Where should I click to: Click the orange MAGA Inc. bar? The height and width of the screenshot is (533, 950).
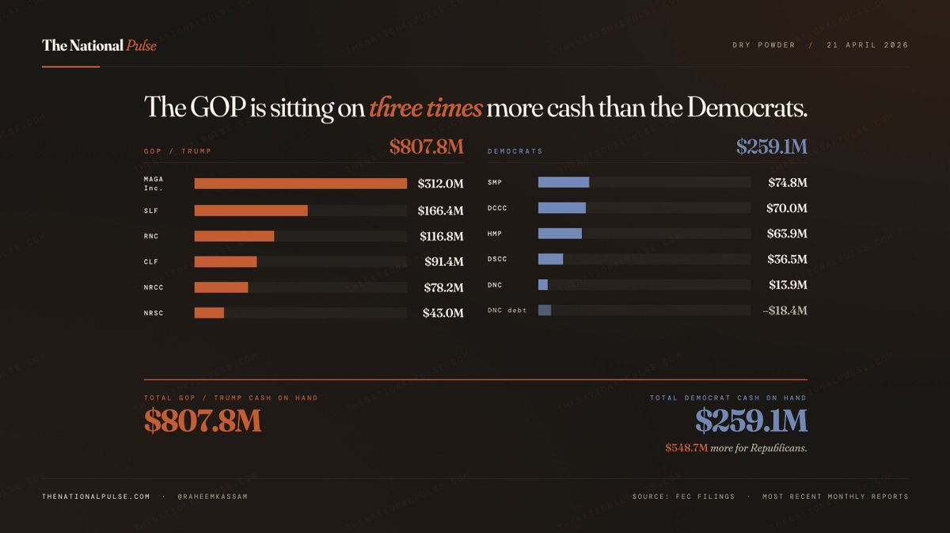pyautogui.click(x=301, y=184)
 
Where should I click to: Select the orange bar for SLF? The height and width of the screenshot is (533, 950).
pyautogui.click(x=251, y=211)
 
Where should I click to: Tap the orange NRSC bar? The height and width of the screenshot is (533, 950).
pyautogui.click(x=209, y=313)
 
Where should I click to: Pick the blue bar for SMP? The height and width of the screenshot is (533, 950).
pyautogui.click(x=564, y=182)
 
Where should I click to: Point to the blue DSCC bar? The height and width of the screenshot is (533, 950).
pyautogui.click(x=550, y=259)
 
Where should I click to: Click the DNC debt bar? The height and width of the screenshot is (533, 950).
pyautogui.click(x=545, y=310)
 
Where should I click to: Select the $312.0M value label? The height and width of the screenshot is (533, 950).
pyautogui.click(x=440, y=185)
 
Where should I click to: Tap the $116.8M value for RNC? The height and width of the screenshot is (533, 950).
pyautogui.click(x=441, y=236)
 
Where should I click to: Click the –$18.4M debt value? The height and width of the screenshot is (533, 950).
pyautogui.click(x=785, y=310)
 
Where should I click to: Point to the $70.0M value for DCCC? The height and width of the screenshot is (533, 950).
pyautogui.click(x=787, y=208)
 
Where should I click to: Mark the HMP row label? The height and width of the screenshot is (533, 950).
pyautogui.click(x=495, y=234)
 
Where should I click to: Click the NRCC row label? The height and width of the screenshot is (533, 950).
pyautogui.click(x=154, y=287)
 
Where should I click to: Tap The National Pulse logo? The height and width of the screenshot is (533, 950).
pyautogui.click(x=99, y=45)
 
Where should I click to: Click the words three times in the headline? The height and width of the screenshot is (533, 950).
pyautogui.click(x=425, y=108)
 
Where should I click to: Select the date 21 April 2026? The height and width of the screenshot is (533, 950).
pyautogui.click(x=867, y=45)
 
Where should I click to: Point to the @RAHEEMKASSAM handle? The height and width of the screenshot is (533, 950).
pyautogui.click(x=213, y=497)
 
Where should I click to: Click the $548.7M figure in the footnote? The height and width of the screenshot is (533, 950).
pyautogui.click(x=686, y=448)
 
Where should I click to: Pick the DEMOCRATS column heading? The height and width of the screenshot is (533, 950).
pyautogui.click(x=515, y=150)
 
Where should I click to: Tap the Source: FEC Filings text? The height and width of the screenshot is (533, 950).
pyautogui.click(x=683, y=497)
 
